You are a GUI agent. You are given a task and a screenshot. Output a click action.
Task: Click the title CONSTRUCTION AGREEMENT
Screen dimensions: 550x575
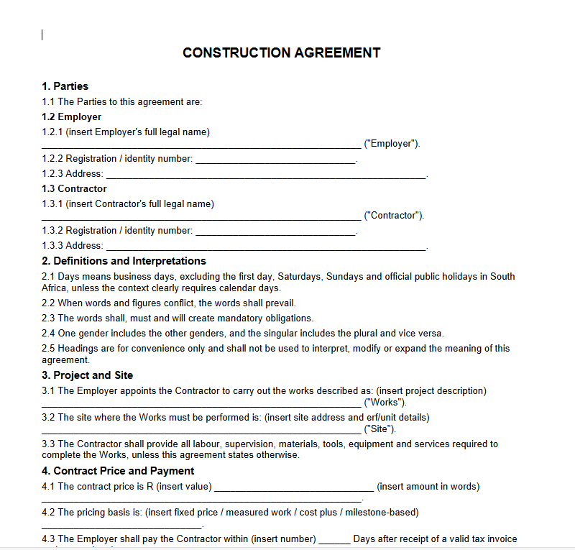click(282, 52)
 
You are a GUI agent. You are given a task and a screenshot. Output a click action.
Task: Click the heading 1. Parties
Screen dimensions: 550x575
click(65, 86)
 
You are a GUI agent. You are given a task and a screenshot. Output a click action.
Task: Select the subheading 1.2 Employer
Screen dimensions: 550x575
click(71, 116)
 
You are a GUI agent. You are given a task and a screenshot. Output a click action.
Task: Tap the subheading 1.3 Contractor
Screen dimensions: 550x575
click(74, 188)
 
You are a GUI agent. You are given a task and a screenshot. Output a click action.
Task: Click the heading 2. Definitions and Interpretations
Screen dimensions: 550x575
click(124, 261)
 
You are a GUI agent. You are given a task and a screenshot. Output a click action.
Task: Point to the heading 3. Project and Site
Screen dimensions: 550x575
click(87, 375)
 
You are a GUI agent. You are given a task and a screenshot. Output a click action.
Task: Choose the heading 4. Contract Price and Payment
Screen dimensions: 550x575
click(118, 471)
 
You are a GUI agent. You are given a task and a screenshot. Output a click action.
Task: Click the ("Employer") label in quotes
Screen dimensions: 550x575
click(392, 144)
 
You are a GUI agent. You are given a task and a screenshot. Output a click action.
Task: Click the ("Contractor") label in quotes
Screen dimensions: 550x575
click(394, 216)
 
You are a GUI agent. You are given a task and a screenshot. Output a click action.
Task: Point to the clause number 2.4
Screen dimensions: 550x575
click(49, 334)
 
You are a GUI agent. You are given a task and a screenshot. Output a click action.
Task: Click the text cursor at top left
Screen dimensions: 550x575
click(42, 35)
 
